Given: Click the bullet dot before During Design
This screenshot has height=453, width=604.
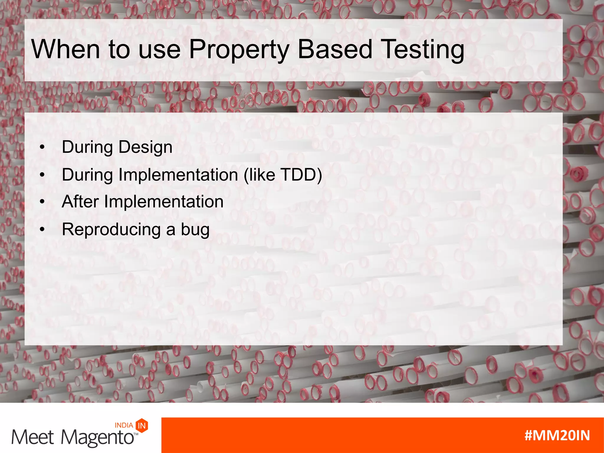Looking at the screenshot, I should (x=42, y=147).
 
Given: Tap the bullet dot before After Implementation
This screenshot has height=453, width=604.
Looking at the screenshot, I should (x=42, y=202).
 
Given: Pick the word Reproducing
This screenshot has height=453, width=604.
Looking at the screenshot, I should (x=111, y=230).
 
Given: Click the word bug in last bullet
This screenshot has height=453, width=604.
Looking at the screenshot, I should (x=195, y=230).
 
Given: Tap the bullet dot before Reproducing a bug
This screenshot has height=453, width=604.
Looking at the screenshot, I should (x=42, y=229).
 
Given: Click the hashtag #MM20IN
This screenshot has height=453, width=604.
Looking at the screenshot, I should (x=557, y=436).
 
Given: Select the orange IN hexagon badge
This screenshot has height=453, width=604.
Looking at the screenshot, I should (x=142, y=426).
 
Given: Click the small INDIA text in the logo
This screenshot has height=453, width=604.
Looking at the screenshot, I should (x=124, y=425).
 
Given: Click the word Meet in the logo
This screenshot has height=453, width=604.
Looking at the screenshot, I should (x=32, y=437).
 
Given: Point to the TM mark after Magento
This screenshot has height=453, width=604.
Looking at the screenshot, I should (x=136, y=434).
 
